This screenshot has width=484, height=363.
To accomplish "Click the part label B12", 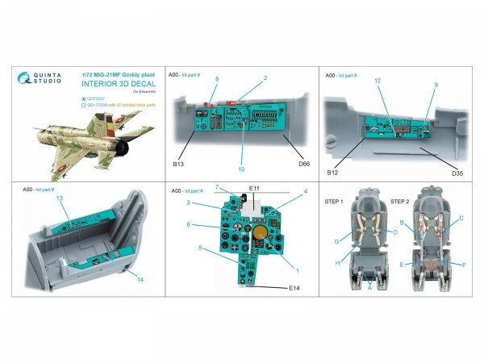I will click(332, 172).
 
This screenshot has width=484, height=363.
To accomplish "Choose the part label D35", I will click(456, 171).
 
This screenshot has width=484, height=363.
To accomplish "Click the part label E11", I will click(253, 189).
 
